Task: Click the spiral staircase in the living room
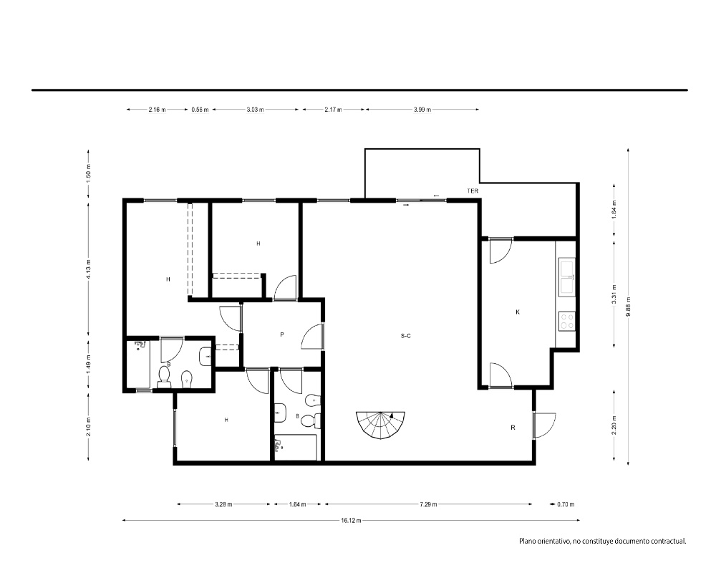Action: click(381, 425)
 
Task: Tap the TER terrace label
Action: click(473, 191)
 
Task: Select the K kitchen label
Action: click(518, 312)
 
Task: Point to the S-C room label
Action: click(405, 336)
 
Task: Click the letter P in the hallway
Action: click(282, 334)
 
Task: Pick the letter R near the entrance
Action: click(513, 428)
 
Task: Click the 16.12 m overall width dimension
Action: click(351, 520)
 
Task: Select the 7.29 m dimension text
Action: click(428, 504)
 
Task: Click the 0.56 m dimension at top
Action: click(200, 110)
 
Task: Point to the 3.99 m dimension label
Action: click(422, 110)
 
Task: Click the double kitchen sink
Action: click(566, 277)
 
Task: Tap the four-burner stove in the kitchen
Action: click(567, 320)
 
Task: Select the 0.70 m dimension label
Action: click(566, 504)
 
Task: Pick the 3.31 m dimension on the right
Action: click(614, 294)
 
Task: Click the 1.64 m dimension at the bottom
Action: click(298, 504)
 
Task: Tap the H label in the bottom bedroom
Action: click(226, 420)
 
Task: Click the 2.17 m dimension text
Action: click(333, 110)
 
